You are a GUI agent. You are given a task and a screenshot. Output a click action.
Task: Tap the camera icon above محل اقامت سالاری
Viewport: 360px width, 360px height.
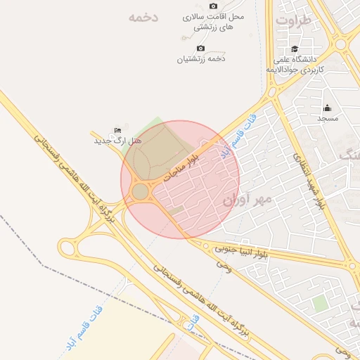[213, 6]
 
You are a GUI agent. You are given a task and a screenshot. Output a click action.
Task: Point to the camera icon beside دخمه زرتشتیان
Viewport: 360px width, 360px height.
[200, 49]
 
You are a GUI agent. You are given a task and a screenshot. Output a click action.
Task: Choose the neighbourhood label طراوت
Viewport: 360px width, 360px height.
[292, 20]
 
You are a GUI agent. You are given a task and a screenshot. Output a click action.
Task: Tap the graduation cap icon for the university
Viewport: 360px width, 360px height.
[295, 49]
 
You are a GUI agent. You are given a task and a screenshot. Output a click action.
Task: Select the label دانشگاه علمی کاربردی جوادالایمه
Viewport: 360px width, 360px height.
[295, 65]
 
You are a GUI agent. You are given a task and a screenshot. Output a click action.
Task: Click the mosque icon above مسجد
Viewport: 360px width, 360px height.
[327, 108]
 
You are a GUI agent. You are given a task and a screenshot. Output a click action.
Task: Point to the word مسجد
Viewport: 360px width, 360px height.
[327, 118]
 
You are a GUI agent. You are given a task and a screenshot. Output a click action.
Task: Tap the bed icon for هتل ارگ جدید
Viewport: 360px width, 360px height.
[118, 131]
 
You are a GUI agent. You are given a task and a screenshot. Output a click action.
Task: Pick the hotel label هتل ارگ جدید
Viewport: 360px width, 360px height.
[118, 141]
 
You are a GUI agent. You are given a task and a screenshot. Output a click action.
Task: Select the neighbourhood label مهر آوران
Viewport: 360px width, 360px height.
[247, 200]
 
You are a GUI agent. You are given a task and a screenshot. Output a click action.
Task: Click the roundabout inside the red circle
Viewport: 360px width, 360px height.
[141, 192]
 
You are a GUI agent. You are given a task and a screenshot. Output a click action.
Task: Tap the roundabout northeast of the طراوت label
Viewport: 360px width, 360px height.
[341, 44]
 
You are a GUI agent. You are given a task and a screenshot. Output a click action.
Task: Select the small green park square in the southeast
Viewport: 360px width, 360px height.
[320, 303]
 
